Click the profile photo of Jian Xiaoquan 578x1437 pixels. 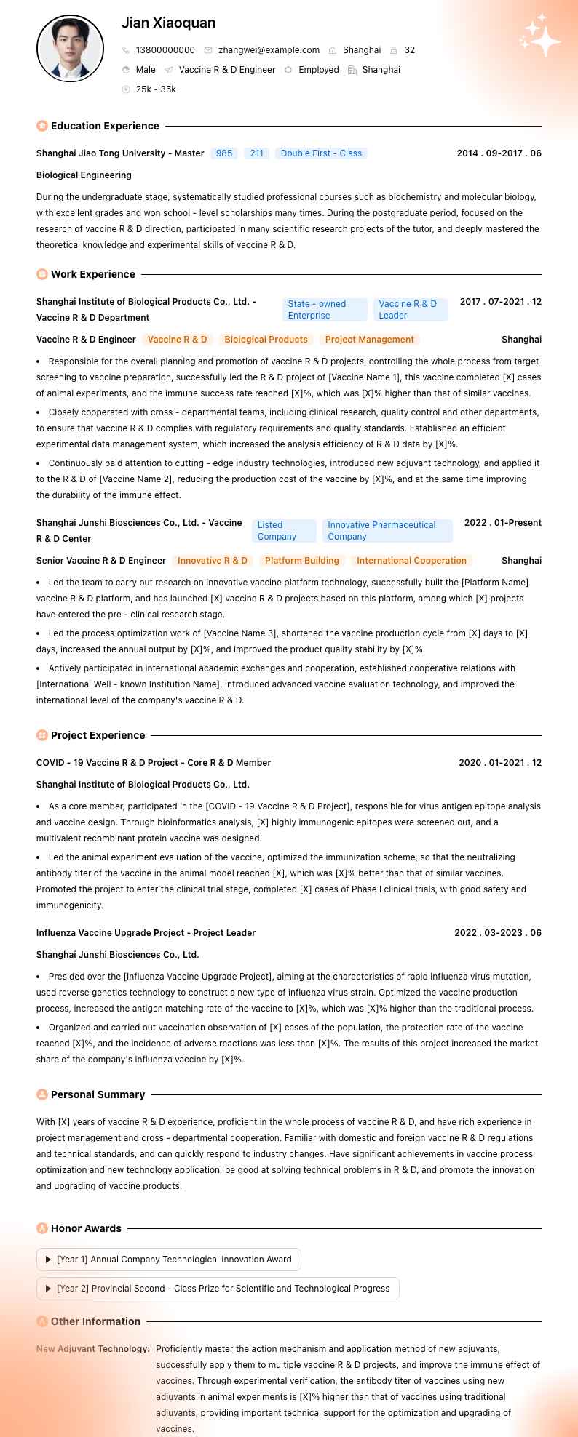[x=70, y=49]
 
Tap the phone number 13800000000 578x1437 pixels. [x=165, y=50]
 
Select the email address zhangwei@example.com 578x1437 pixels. [x=269, y=50]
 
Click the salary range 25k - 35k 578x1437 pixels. [x=156, y=89]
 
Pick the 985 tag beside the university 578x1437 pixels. [x=224, y=153]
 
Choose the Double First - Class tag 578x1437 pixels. [x=321, y=153]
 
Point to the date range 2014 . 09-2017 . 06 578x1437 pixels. [x=499, y=153]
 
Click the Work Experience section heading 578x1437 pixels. [x=92, y=274]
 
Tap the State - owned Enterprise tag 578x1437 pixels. [x=324, y=310]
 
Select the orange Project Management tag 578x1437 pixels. [x=369, y=340]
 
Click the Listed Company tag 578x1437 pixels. [x=284, y=531]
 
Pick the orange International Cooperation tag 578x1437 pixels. [x=411, y=561]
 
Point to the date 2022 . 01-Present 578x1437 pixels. [x=502, y=523]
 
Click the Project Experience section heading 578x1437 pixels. [x=98, y=735]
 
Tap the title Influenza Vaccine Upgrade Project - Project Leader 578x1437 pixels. [x=146, y=933]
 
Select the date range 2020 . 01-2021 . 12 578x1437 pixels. [x=499, y=763]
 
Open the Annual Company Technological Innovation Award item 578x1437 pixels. [x=169, y=1260]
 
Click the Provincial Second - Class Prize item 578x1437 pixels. [x=218, y=1289]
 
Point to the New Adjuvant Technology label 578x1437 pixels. [x=93, y=1349]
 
